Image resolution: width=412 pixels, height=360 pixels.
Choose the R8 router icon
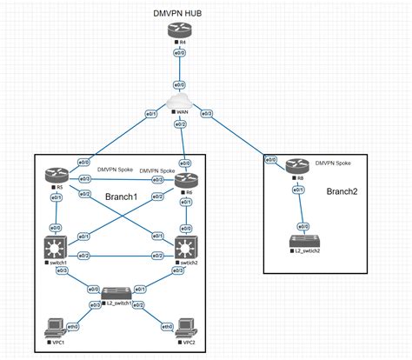coord(298,167)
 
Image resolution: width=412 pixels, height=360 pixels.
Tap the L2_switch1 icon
coord(116,293)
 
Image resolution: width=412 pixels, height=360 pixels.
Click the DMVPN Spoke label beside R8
coord(334,163)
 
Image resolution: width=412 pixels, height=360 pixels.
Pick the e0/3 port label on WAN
coord(208,113)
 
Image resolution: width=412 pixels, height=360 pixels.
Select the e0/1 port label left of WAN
coord(150,113)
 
